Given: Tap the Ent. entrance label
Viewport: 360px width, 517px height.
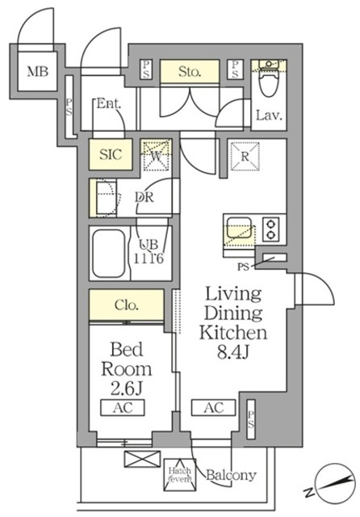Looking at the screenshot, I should [x=108, y=103].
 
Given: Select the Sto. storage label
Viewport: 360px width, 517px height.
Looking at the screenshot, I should [x=189, y=71].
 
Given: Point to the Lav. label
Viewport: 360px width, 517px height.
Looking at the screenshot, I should [x=268, y=116].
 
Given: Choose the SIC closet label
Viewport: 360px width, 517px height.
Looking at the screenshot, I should [x=110, y=153].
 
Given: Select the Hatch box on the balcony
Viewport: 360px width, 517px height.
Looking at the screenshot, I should [x=178, y=474].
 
